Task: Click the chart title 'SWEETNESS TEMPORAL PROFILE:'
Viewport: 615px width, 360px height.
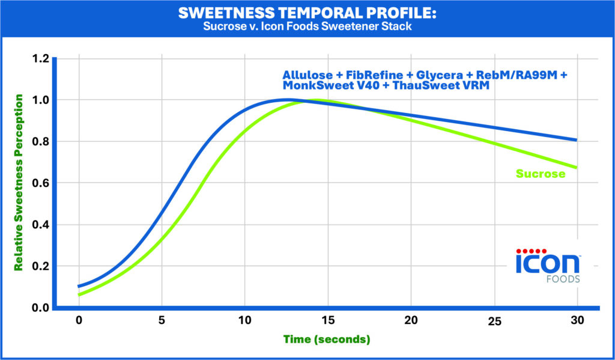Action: tap(307, 13)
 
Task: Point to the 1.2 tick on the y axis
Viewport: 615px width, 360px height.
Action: tap(40, 58)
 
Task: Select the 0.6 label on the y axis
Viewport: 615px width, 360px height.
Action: tap(40, 183)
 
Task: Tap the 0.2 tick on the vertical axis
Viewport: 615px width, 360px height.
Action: tap(40, 266)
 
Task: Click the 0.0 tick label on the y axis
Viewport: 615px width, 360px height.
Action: tap(40, 308)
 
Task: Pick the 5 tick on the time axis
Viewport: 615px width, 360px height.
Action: tap(162, 321)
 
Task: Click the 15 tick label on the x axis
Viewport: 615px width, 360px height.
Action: tap(327, 321)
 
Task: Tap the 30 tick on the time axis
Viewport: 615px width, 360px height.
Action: tap(577, 321)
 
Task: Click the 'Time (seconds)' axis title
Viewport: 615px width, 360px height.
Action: tap(327, 340)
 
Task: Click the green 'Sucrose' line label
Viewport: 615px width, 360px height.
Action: tap(541, 174)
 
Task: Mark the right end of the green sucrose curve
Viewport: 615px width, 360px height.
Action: tap(577, 167)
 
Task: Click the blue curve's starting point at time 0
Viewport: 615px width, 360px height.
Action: tap(79, 286)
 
